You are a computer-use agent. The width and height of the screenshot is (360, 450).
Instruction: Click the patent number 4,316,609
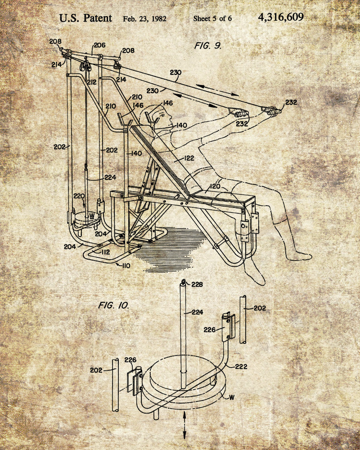coord(281,18)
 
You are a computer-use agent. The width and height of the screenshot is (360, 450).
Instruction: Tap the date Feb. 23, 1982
coord(144,19)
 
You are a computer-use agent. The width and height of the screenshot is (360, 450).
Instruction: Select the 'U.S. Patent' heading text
coord(85,18)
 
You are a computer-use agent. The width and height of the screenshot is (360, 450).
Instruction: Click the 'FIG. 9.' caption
coord(208,45)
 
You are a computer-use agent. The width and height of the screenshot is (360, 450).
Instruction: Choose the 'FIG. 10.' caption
coord(113,306)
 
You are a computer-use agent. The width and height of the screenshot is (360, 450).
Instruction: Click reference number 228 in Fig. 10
coord(197,284)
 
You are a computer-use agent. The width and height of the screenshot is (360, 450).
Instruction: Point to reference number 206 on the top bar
coord(99,45)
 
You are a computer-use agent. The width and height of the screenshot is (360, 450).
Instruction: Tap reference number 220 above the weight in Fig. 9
coord(79,196)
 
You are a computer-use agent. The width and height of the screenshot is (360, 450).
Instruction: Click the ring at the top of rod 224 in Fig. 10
coord(183,283)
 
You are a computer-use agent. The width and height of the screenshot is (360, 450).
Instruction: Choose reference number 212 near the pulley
coord(91,82)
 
